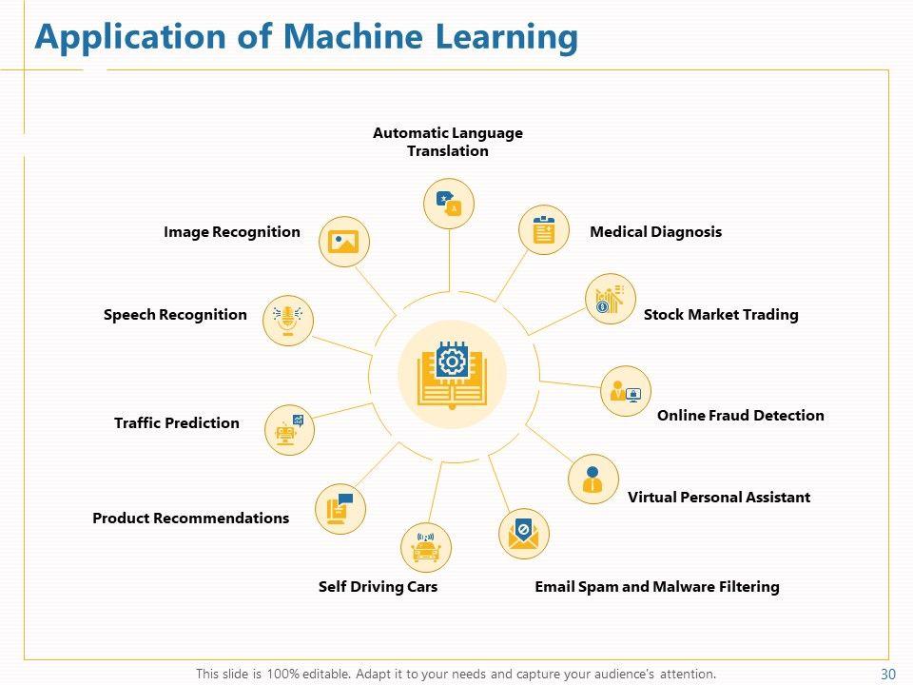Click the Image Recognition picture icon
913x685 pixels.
pos(343,241)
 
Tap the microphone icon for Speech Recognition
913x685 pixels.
pos(288,319)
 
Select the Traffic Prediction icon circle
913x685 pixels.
pos(289,429)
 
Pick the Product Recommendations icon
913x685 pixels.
pos(340,508)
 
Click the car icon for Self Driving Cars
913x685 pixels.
pos(426,547)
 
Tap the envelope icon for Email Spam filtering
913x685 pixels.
pos(524,535)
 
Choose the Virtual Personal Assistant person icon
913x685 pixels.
pos(593,479)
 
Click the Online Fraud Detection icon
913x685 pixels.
pos(626,391)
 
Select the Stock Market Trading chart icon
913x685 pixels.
pos(610,299)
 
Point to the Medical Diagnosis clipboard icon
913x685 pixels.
pos(544,230)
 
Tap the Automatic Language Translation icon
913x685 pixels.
pos(448,204)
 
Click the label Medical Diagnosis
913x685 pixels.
pos(655,232)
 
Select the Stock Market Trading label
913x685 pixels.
pos(721,315)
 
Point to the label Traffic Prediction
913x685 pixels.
pos(177,423)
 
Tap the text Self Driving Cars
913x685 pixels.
pos(378,587)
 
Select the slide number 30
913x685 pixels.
pos(888,674)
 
